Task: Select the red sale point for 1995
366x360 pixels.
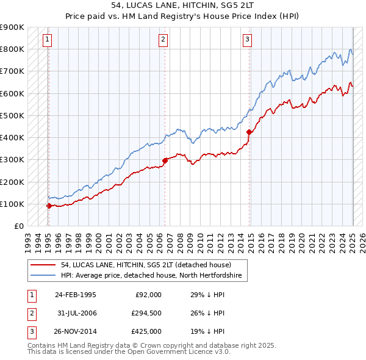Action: [x=49, y=206]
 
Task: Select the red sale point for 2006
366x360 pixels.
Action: [x=165, y=160]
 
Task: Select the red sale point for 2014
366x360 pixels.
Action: [x=249, y=132]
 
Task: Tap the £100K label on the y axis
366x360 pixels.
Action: [x=12, y=204]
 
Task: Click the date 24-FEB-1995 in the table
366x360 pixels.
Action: [x=75, y=295]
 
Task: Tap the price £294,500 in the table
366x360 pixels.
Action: [x=147, y=313]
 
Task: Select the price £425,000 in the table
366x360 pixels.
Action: [x=147, y=331]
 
